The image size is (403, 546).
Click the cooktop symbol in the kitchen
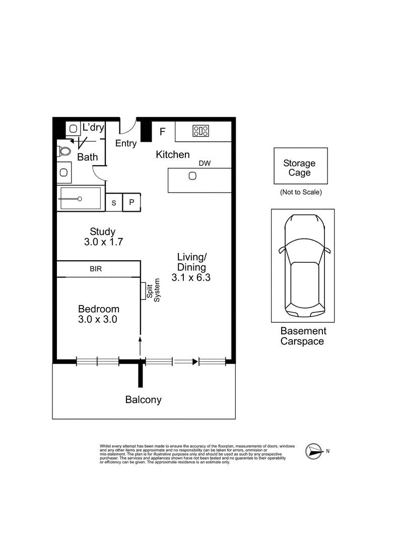pyautogui.click(x=201, y=131)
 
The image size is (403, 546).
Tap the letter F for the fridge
pyautogui.click(x=163, y=132)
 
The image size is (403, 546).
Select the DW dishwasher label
pyautogui.click(x=205, y=163)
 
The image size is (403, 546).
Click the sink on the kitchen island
pyautogui.click(x=192, y=176)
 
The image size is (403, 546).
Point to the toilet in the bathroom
pyautogui.click(x=64, y=151)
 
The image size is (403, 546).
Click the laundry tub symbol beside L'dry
pyautogui.click(x=73, y=129)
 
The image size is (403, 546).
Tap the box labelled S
pyautogui.click(x=114, y=202)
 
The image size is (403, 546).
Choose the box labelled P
pyautogui.click(x=131, y=202)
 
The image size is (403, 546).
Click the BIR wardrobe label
pyautogui.click(x=96, y=269)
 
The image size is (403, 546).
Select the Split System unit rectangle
pyautogui.click(x=143, y=291)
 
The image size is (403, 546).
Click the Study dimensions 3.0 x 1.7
pyautogui.click(x=103, y=242)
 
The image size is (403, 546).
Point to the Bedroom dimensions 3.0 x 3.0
pyautogui.click(x=97, y=319)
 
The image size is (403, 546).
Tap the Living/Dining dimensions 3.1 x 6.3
pyautogui.click(x=191, y=277)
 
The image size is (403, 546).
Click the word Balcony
pyautogui.click(x=144, y=400)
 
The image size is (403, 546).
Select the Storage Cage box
pyautogui.click(x=301, y=166)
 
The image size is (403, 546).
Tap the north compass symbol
pyautogui.click(x=313, y=452)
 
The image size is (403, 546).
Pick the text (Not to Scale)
pyautogui.click(x=301, y=192)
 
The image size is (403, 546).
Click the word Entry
pyautogui.click(x=126, y=144)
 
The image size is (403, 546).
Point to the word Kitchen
pyautogui.click(x=173, y=155)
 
